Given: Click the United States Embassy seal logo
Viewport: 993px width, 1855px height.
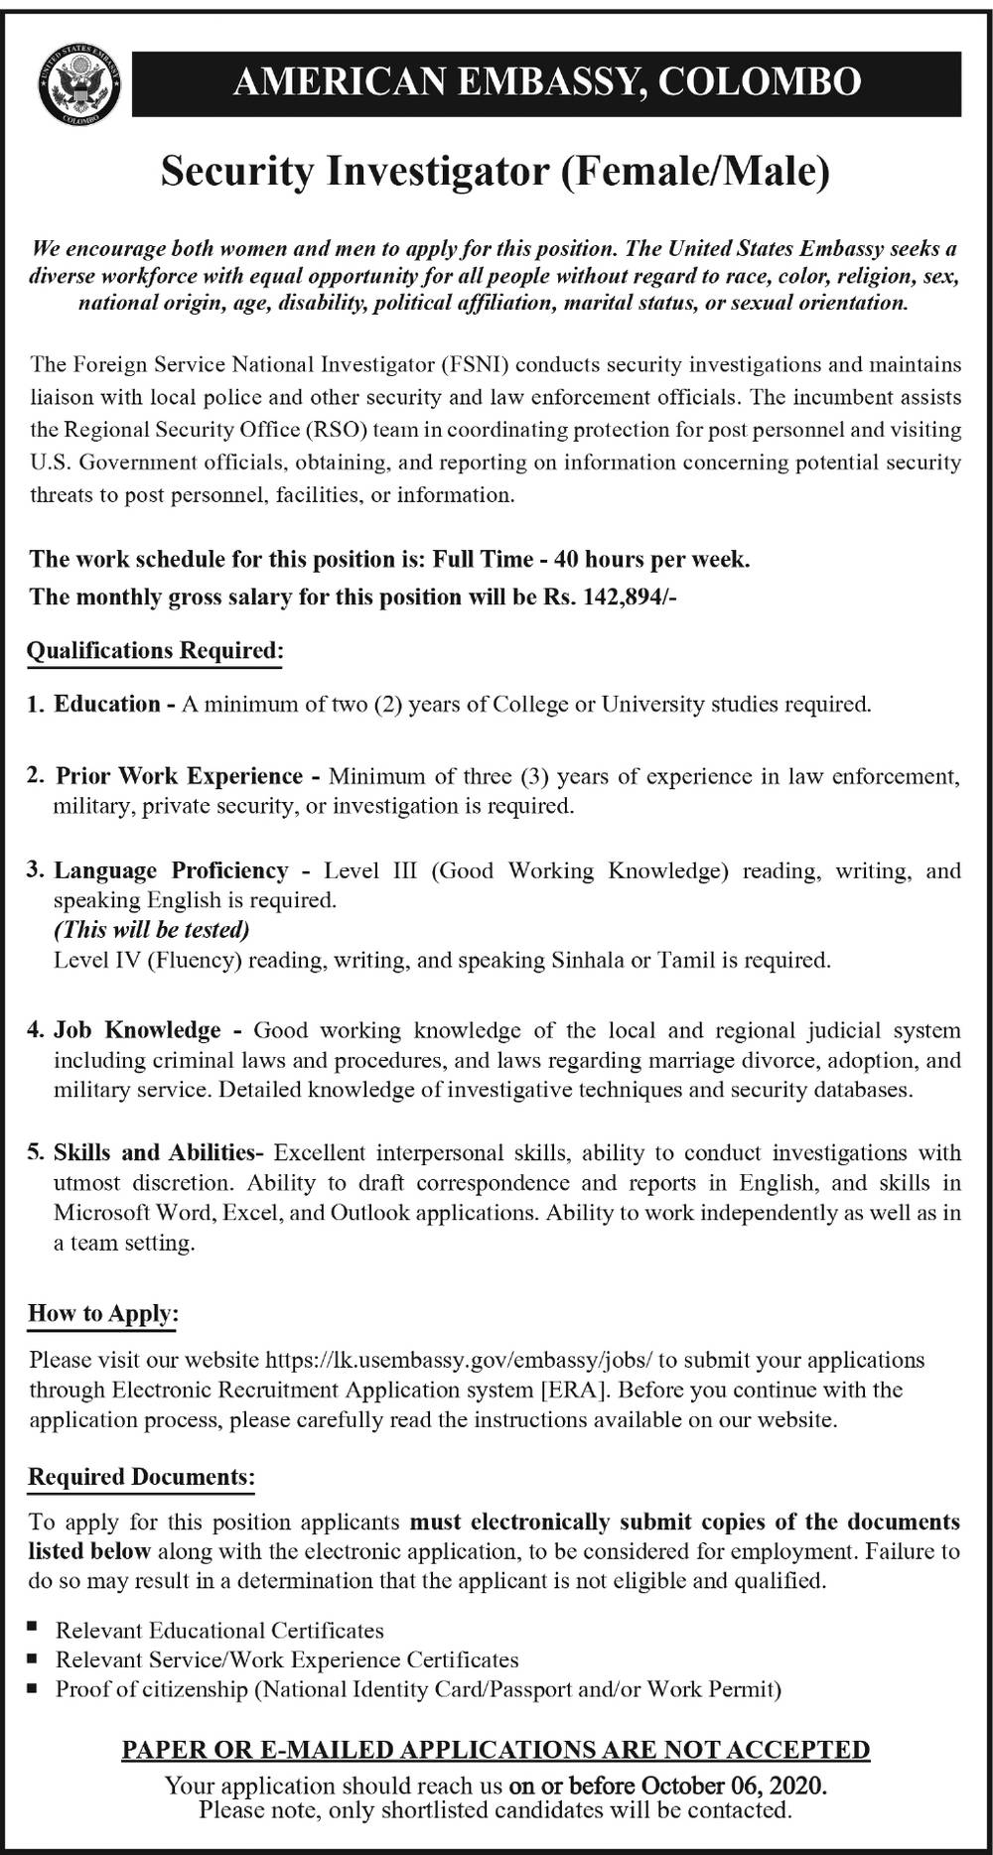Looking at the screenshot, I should click(x=79, y=87).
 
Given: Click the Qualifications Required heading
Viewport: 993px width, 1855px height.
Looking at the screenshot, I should click(x=155, y=651).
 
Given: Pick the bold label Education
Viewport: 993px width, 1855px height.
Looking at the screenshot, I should click(x=107, y=705).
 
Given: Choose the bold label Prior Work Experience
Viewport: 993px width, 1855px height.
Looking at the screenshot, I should click(x=179, y=775).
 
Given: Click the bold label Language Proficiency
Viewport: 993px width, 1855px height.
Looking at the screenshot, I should click(x=171, y=870).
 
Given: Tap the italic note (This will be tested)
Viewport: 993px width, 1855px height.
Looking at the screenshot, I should click(x=151, y=930).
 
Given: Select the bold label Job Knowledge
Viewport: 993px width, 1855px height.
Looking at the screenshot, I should click(x=137, y=1030).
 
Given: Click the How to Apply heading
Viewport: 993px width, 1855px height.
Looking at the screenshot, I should click(x=103, y=1314).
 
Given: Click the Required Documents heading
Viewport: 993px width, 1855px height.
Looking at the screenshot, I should click(x=141, y=1478).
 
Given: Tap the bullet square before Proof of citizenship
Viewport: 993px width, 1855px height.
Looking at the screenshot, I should click(x=34, y=1688).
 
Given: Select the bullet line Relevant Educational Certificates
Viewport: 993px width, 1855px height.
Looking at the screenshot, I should click(x=219, y=1631).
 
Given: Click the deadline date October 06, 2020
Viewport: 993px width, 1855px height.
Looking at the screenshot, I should click(x=733, y=1786).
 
